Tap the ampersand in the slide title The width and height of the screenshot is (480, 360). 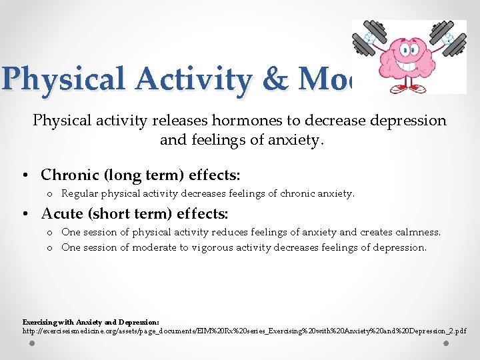[x=274, y=79]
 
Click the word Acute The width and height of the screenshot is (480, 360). [x=62, y=214]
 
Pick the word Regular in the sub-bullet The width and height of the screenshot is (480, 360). [x=80, y=194]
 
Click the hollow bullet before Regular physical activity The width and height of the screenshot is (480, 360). [x=50, y=195]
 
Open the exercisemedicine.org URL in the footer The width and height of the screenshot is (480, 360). [x=244, y=331]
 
